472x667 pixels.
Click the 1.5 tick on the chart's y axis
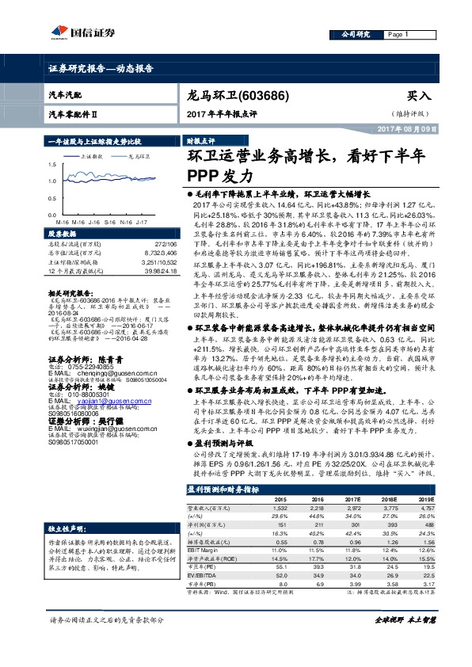tap(52, 165)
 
